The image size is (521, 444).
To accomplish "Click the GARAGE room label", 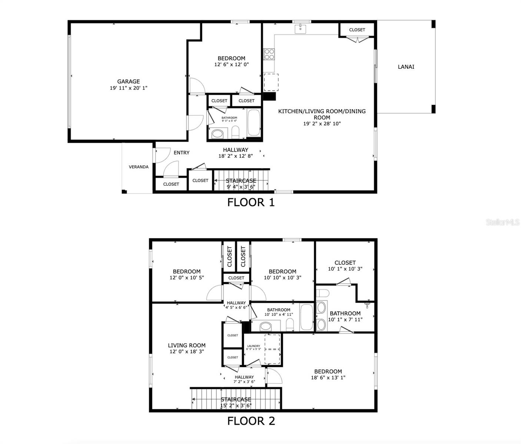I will coord(128,81).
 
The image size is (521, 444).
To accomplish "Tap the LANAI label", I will coord(406,67).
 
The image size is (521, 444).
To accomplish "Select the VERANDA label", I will coord(139,167).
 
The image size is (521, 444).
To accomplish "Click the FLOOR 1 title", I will coord(251,202).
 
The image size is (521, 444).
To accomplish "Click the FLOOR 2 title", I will coord(251,421).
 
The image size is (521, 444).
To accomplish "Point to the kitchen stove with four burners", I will coord(269,54).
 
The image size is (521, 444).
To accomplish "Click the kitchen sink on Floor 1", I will coord(300,28).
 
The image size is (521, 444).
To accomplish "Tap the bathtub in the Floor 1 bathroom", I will coord(254,123).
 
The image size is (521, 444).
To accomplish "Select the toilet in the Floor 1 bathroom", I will coord(235,131).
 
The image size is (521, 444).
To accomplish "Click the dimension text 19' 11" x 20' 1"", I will coord(128,88).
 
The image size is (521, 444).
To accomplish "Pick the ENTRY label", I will coord(181,153).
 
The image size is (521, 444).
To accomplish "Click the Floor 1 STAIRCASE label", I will coord(241,181).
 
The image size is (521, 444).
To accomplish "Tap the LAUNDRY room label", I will coord(253,346).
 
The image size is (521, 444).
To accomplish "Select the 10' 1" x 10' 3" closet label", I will coord(345,269).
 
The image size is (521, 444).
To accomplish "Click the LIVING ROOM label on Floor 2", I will coord(186,345).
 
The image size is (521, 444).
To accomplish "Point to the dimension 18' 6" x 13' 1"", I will coord(328,378).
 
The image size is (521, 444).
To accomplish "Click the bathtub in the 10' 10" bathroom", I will coord(307,317).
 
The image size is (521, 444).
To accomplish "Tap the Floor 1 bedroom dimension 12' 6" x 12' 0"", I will coord(231,64).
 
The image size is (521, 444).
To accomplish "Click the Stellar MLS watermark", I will coord(502,222).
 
